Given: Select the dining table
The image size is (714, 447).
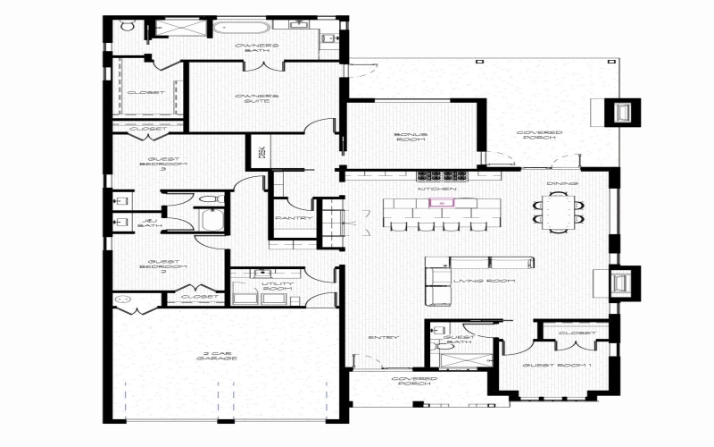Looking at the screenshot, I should (560, 211).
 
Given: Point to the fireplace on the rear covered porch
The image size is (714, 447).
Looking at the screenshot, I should (621, 113).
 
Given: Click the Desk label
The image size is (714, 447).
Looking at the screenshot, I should (262, 153).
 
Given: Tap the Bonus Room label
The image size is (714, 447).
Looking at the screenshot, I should (411, 137).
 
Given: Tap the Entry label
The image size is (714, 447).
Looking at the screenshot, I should (385, 337).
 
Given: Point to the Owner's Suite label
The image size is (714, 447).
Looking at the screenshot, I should (257, 98).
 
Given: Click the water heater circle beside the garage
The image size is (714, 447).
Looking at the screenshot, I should (121, 299).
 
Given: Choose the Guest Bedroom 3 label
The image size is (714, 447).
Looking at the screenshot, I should (151, 164).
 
